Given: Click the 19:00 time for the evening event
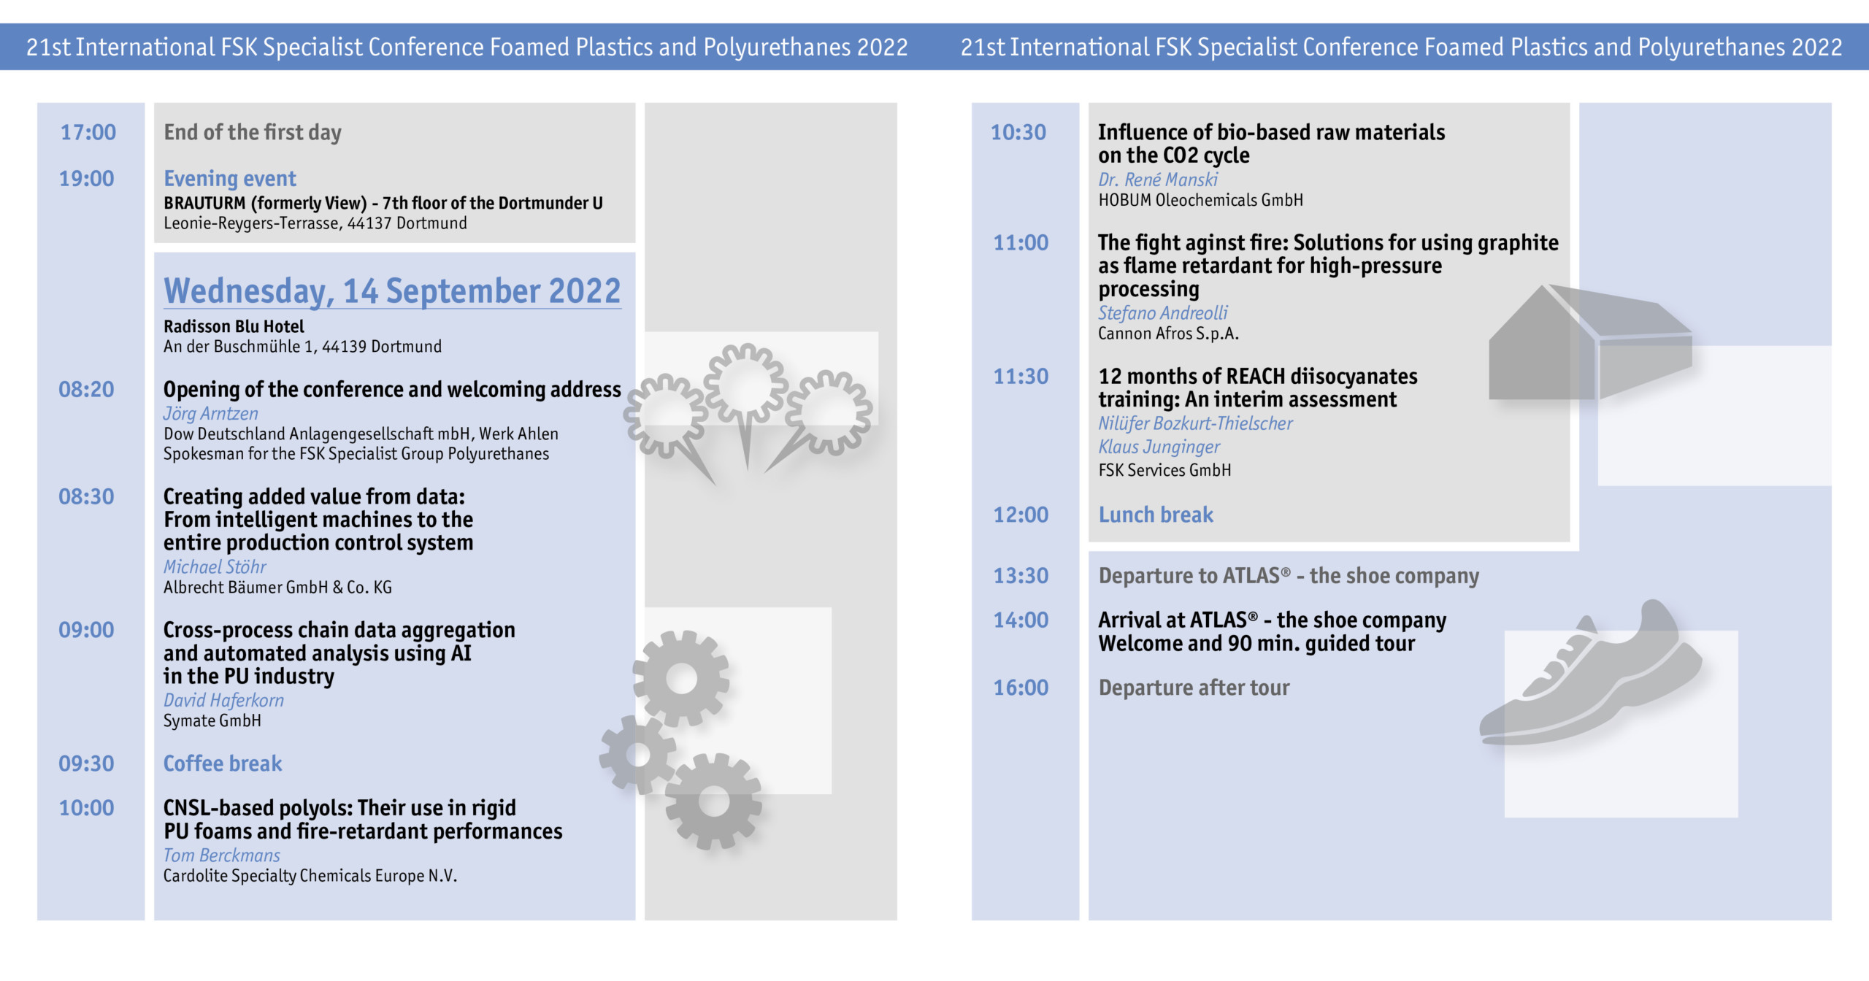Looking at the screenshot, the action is (86, 179).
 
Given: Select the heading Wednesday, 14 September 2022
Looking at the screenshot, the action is (392, 291).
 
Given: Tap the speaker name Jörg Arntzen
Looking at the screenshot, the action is (210, 414).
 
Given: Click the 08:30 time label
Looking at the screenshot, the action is (86, 497).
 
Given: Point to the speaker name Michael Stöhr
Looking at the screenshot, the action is (215, 567).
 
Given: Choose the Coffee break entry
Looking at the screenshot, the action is (223, 763).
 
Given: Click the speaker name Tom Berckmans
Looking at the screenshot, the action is (222, 855).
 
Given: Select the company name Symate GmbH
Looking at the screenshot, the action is (212, 721).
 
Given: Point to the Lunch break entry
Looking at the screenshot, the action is (1156, 515).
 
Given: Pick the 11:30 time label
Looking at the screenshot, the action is (1021, 377).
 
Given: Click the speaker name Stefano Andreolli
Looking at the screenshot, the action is (1163, 313).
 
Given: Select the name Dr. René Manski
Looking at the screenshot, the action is (1158, 180).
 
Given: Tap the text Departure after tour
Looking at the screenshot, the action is (1194, 688).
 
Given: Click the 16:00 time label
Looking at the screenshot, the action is (1021, 688).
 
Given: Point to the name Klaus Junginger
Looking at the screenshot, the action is (1159, 447).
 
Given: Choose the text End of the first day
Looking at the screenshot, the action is (253, 132).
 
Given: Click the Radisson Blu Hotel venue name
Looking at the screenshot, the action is (234, 326).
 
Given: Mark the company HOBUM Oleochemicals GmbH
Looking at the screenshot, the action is (1201, 200).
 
